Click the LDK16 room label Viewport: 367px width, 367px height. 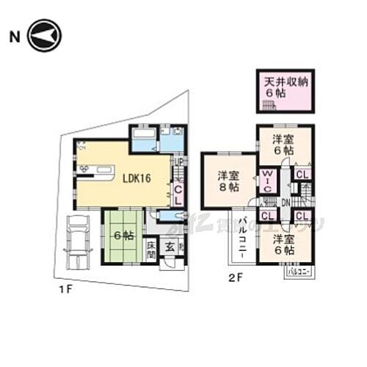137,178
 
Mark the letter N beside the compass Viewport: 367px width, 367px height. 13,35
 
